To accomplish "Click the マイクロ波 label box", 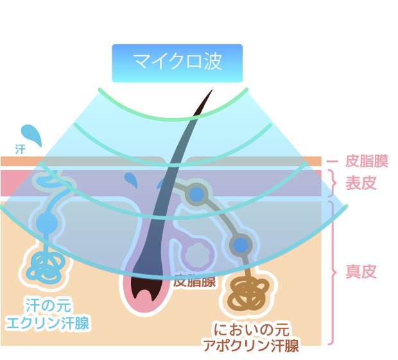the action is (177, 63).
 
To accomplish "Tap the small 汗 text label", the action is (20, 149).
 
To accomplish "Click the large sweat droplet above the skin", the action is (31, 134).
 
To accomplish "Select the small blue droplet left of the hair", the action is (131, 179).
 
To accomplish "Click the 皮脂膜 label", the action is (366, 160).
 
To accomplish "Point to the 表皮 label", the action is (361, 184).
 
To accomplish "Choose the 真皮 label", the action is (361, 271).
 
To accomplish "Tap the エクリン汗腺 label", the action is (47, 322).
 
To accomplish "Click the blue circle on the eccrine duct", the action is (46, 223).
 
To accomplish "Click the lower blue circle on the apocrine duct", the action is (240, 244).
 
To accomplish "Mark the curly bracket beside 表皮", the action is (333, 183).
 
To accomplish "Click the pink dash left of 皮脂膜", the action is (332, 160).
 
